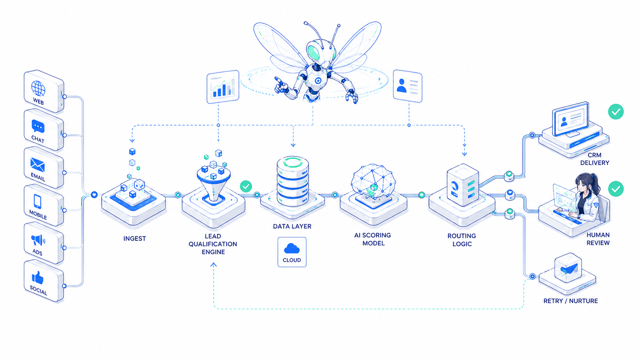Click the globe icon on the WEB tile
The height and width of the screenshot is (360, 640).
(38, 88)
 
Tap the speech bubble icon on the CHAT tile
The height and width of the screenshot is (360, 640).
(38, 127)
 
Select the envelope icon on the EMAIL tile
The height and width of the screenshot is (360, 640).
(38, 165)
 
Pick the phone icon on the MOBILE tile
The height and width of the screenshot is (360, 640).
(38, 201)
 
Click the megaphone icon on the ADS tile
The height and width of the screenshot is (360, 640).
(38, 240)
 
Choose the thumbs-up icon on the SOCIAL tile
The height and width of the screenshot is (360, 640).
(38, 277)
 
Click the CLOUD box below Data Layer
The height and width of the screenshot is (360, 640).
(292, 252)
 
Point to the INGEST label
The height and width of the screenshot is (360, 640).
(135, 239)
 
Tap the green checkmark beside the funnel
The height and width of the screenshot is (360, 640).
(246, 186)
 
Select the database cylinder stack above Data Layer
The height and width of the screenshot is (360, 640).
(293, 181)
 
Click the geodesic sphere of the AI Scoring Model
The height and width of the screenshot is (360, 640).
(373, 181)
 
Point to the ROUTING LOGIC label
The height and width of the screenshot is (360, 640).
(462, 240)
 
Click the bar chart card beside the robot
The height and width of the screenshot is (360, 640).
(223, 87)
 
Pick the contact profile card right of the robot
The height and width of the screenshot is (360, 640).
(407, 86)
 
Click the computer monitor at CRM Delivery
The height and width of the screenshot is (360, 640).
(571, 119)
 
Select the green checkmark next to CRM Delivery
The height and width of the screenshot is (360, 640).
(616, 112)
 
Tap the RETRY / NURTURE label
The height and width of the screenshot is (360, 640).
(571, 301)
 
